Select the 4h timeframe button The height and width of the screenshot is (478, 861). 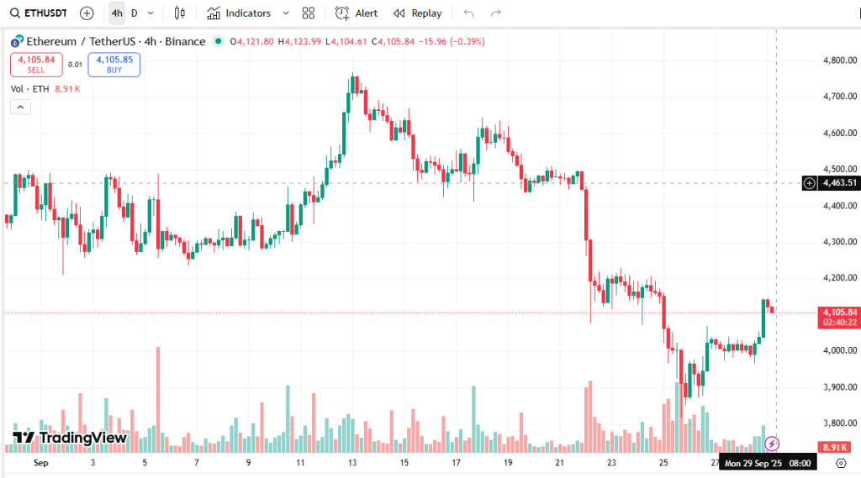pyautogui.click(x=117, y=13)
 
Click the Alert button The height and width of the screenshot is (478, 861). pyautogui.click(x=357, y=13)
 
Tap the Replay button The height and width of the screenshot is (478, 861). pyautogui.click(x=417, y=13)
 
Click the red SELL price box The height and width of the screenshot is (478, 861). pyautogui.click(x=36, y=65)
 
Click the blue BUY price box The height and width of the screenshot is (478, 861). pyautogui.click(x=114, y=65)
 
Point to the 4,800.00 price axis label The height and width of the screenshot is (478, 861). pyautogui.click(x=840, y=60)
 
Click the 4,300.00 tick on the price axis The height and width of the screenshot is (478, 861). pyautogui.click(x=840, y=242)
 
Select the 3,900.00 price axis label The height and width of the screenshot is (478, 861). pyautogui.click(x=840, y=387)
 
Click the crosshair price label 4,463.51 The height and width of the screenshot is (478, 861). pyautogui.click(x=839, y=182)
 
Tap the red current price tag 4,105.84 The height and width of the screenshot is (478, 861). pyautogui.click(x=840, y=313)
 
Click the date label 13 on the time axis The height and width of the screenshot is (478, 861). pyautogui.click(x=352, y=463)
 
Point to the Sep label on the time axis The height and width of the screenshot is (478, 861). pyautogui.click(x=40, y=463)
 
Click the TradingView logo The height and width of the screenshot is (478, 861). pyautogui.click(x=70, y=438)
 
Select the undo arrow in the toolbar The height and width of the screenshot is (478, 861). pyautogui.click(x=468, y=13)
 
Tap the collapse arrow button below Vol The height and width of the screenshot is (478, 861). pyautogui.click(x=20, y=107)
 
